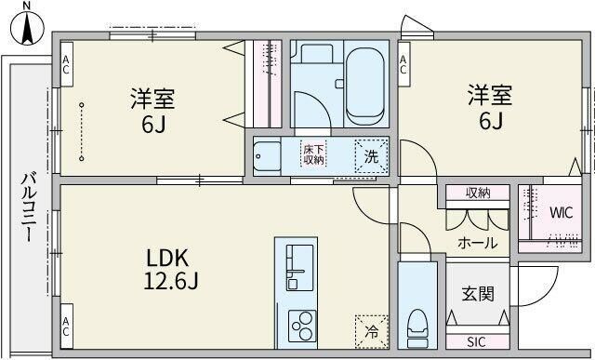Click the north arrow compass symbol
point(26,24)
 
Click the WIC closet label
point(561,211)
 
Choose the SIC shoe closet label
point(477,340)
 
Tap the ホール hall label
point(477,243)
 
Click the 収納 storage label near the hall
point(478,193)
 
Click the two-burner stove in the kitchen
point(302,327)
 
